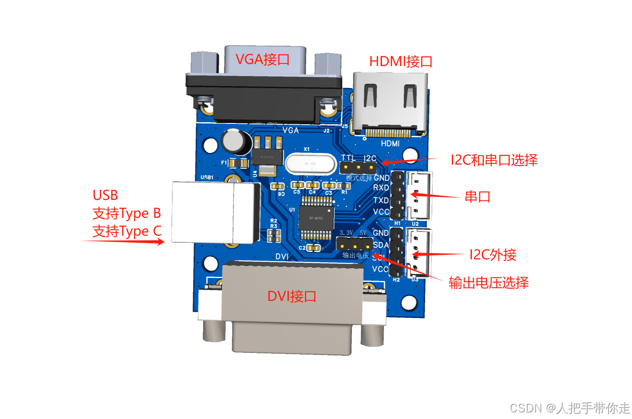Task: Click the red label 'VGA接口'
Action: click(263, 59)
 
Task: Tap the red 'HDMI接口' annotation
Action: click(401, 62)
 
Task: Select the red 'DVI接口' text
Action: click(292, 296)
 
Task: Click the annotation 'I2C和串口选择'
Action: click(494, 160)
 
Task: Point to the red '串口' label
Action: click(477, 196)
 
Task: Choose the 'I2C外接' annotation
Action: click(493, 254)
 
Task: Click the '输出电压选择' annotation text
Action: click(488, 283)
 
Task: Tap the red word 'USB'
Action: click(105, 195)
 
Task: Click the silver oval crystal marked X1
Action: click(310, 163)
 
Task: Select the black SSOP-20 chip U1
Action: click(316, 218)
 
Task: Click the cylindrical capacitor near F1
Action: click(236, 142)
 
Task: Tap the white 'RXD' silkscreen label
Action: click(381, 188)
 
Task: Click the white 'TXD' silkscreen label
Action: click(381, 200)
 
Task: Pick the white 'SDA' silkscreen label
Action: click(381, 245)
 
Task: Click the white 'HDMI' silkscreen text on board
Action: click(390, 143)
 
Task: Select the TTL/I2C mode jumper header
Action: click(358, 168)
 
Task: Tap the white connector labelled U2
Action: click(419, 195)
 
